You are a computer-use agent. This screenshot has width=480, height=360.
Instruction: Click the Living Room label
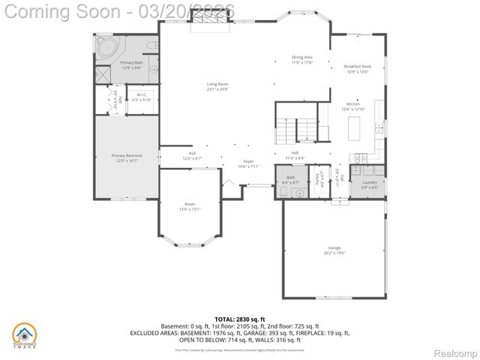(x=217, y=86)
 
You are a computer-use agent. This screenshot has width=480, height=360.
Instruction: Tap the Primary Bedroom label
(x=127, y=157)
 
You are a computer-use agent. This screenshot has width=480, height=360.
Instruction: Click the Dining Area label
(x=302, y=59)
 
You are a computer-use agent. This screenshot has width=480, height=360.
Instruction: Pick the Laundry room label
(x=369, y=184)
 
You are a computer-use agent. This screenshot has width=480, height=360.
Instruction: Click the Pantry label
(x=318, y=180)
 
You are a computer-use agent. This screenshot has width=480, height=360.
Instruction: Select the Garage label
(x=334, y=250)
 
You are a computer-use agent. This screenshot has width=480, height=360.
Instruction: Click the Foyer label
(x=248, y=163)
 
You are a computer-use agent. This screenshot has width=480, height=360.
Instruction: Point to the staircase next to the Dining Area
(x=296, y=130)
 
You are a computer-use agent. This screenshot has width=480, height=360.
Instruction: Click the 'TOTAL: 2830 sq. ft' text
(x=240, y=319)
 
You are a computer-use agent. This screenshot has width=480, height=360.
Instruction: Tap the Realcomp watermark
(x=456, y=352)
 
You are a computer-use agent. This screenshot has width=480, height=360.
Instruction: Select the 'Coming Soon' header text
(x=64, y=11)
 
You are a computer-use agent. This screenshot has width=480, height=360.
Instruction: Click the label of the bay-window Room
(x=190, y=206)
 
